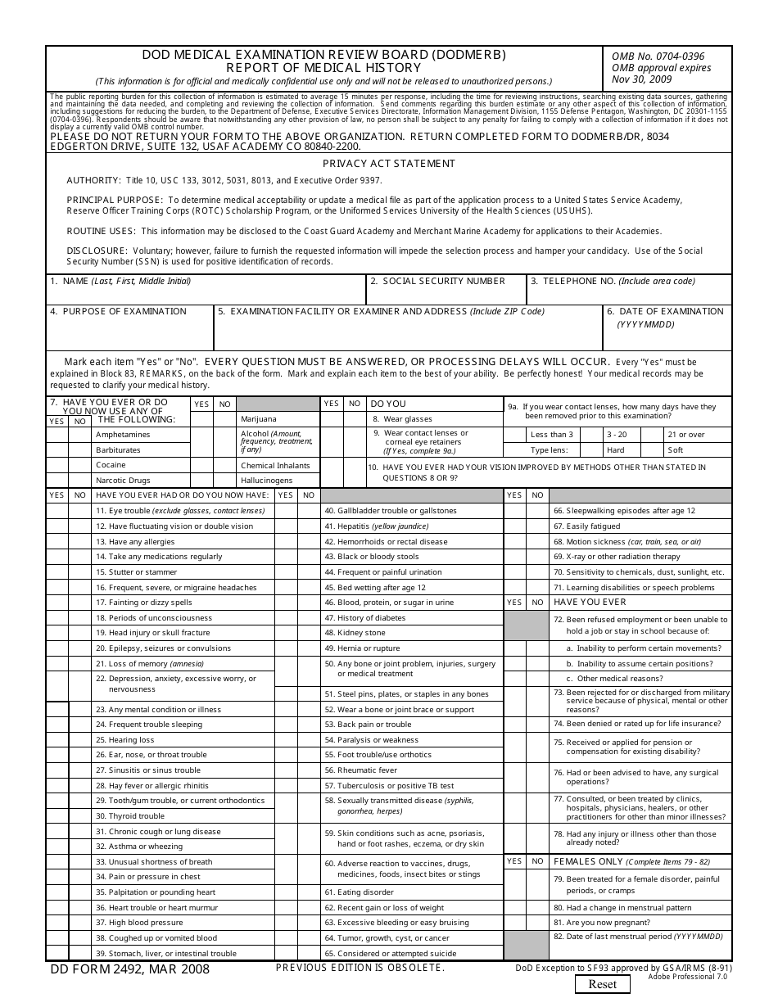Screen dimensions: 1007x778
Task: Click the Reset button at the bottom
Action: point(604,985)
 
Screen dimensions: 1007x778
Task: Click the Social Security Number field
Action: point(443,293)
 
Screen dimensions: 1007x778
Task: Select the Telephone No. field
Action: point(628,293)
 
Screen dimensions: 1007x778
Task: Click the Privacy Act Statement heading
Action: point(388,164)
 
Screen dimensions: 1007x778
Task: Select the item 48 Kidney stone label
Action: point(361,633)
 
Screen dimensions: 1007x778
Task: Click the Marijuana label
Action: point(259,419)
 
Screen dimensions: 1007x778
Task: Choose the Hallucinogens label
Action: point(266,481)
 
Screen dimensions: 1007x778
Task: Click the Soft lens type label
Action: point(676,450)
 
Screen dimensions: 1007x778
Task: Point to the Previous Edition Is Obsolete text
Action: point(360,968)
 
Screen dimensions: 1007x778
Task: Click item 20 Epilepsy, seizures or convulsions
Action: point(163,648)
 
